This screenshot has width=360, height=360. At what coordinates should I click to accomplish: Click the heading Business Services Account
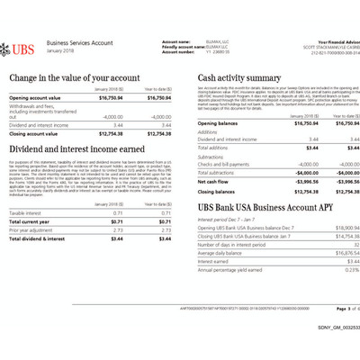point(78,42)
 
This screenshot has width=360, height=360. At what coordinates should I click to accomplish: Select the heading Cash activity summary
point(238,78)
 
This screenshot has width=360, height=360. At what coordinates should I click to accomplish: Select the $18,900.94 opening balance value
point(330,229)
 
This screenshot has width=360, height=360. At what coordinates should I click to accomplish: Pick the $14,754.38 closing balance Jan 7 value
point(330,236)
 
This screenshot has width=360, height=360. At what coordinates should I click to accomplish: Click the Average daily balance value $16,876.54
point(330,253)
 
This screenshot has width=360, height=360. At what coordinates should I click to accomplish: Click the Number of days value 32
point(343,245)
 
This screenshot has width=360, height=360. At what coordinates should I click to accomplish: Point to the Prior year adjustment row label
point(31,229)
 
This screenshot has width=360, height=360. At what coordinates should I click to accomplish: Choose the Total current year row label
point(30,220)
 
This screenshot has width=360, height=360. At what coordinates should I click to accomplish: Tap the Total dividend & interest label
point(38,238)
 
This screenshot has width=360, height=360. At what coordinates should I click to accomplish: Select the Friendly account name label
point(183,45)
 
